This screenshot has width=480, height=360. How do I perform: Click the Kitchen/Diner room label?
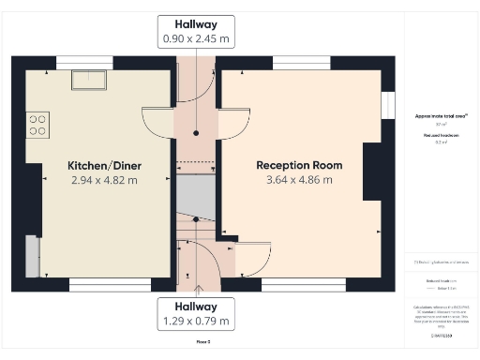point(104,165)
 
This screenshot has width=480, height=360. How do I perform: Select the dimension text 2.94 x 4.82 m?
point(104,180)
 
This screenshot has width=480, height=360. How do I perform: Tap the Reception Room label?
point(299,165)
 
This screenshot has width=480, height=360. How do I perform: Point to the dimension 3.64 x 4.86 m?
point(299,180)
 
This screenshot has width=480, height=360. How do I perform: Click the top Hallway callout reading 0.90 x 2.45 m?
point(196,32)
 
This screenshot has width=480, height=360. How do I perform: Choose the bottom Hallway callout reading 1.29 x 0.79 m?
point(196,313)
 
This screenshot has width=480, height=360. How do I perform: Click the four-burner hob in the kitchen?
point(37,125)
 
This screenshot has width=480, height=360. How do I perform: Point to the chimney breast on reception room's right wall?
point(372,172)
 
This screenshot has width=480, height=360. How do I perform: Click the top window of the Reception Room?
point(301,64)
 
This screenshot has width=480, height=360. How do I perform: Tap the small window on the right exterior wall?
point(386,104)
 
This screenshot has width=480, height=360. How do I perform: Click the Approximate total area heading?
point(441,115)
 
